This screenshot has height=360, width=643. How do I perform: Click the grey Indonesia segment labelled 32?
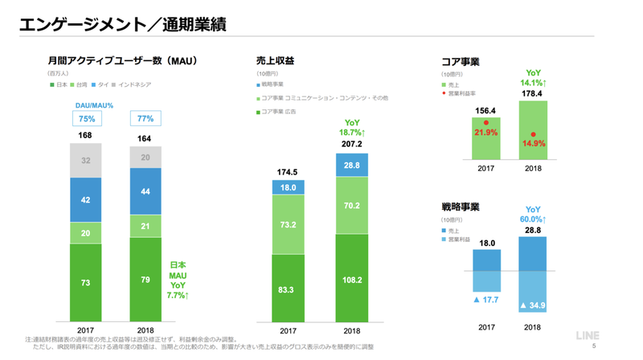(x=85, y=162)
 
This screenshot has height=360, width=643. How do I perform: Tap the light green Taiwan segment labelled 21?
(x=145, y=227)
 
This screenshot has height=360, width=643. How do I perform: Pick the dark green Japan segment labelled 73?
(x=85, y=284)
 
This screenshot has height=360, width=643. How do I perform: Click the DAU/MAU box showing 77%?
(x=145, y=119)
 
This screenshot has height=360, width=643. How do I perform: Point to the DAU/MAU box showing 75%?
(x=85, y=119)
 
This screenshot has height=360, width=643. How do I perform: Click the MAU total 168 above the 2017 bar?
(x=85, y=136)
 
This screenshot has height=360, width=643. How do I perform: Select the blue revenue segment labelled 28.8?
(x=352, y=165)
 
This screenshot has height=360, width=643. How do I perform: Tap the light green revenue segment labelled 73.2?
(x=287, y=227)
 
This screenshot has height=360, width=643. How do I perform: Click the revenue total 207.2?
(x=352, y=144)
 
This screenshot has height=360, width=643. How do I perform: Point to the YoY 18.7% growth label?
(x=352, y=127)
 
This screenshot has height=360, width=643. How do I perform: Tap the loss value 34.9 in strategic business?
(x=534, y=306)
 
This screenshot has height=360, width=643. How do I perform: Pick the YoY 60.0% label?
(x=534, y=214)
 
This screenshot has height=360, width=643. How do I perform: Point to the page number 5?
(x=594, y=347)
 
